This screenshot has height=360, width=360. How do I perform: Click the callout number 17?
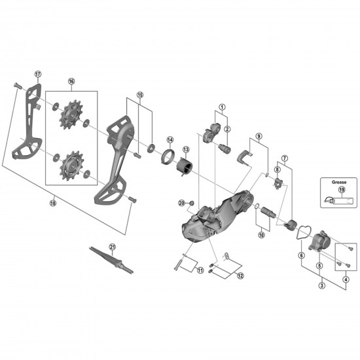37,73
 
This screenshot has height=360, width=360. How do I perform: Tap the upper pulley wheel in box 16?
70,118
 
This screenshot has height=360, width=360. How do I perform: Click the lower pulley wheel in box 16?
70,167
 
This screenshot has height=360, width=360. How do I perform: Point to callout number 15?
139,95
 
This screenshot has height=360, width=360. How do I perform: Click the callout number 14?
170,139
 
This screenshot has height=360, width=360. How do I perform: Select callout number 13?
186,150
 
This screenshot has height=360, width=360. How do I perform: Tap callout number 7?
285,158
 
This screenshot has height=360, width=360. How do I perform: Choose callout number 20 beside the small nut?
182,203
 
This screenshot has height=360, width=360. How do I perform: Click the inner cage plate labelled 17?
26,128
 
